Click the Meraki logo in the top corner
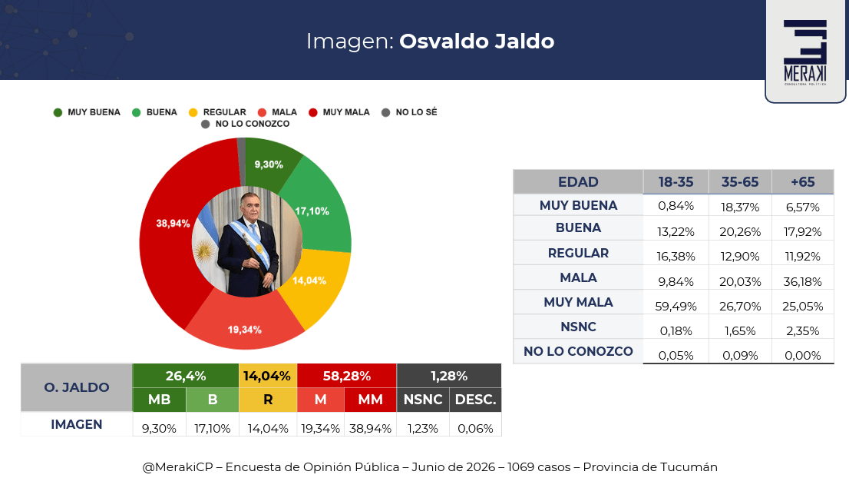pyautogui.click(x=805, y=52)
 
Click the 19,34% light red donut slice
pyautogui.click(x=245, y=325)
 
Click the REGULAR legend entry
pyautogui.click(x=218, y=112)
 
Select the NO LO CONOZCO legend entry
pyautogui.click(x=246, y=124)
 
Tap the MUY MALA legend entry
pyautogui.click(x=339, y=112)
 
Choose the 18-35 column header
pyautogui.click(x=676, y=182)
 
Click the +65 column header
pyautogui.click(x=802, y=182)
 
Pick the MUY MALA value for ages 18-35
pyautogui.click(x=676, y=306)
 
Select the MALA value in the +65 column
pyautogui.click(x=802, y=282)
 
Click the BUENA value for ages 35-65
pyautogui.click(x=740, y=232)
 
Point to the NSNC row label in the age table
pyautogui.click(x=578, y=327)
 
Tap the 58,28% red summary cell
pyautogui.click(x=346, y=376)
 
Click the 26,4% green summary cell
pyautogui.click(x=186, y=376)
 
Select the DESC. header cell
pyautogui.click(x=475, y=400)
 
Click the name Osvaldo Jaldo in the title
pyautogui.click(x=477, y=41)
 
